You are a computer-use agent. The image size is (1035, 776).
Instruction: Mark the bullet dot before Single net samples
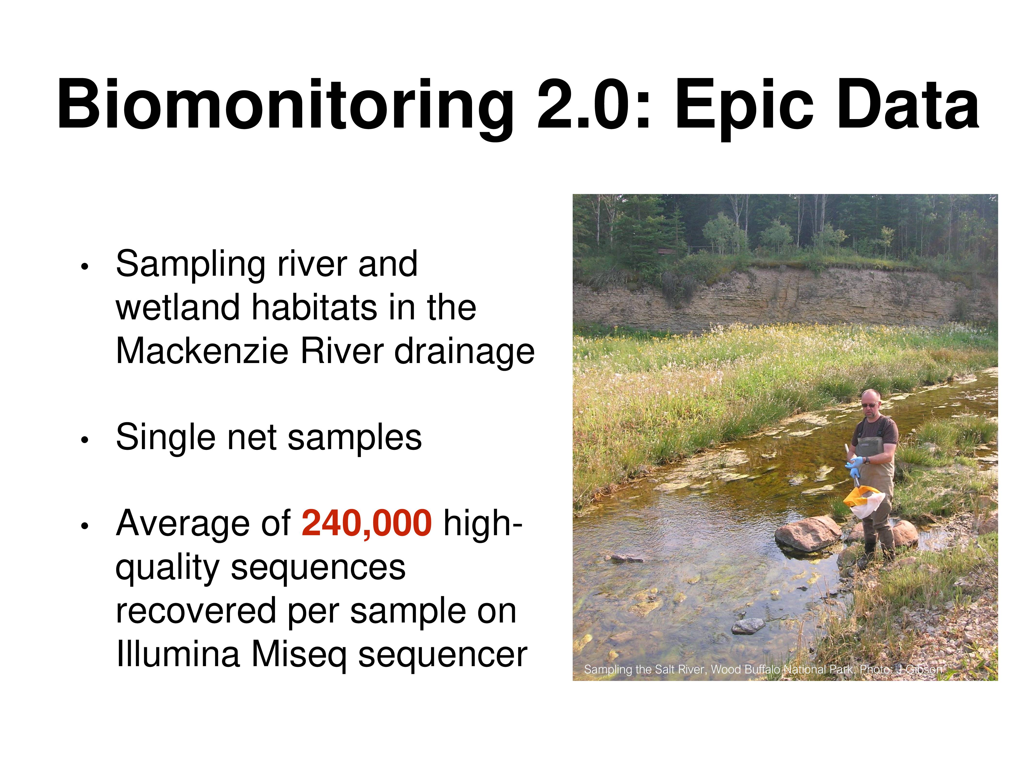[84, 440]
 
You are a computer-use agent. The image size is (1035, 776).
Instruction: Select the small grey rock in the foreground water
[748, 625]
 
